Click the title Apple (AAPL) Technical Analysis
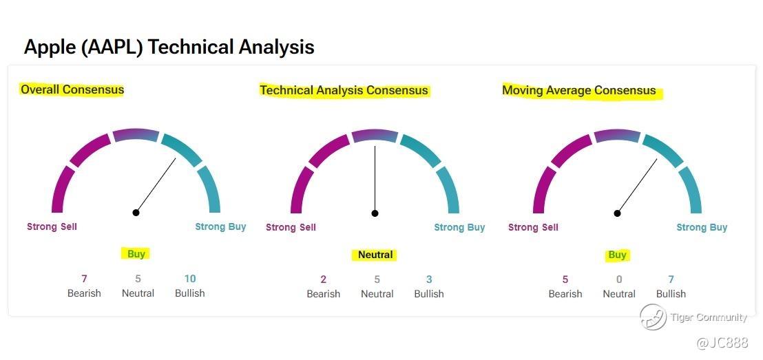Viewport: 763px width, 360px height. pyautogui.click(x=169, y=47)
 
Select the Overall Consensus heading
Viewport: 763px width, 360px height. pyautogui.click(x=72, y=89)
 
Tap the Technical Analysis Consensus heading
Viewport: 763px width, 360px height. pyautogui.click(x=344, y=90)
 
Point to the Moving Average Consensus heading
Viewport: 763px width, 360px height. pyautogui.click(x=579, y=90)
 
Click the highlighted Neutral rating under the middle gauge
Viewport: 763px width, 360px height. pyautogui.click(x=375, y=255)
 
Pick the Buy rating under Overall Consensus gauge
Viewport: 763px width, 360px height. pyautogui.click(x=136, y=253)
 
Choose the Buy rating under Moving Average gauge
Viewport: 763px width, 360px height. pyautogui.click(x=617, y=255)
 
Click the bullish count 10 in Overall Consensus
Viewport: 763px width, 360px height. pyautogui.click(x=190, y=279)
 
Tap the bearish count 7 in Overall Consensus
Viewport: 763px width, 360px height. pyautogui.click(x=84, y=279)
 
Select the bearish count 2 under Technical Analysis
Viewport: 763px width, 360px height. pyautogui.click(x=323, y=279)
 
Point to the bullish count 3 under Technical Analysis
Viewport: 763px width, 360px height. pyautogui.click(x=429, y=279)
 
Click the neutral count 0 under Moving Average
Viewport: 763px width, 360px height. pyautogui.click(x=619, y=279)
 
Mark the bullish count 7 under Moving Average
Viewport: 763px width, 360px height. pyautogui.click(x=671, y=279)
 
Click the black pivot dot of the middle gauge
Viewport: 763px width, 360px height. pyautogui.click(x=375, y=213)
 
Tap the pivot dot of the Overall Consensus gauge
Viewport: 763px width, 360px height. pyautogui.click(x=136, y=213)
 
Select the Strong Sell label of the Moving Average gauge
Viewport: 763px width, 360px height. pyautogui.click(x=533, y=227)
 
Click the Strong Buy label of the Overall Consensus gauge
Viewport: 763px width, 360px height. pyautogui.click(x=220, y=226)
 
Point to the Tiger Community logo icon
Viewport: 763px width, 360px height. pyautogui.click(x=653, y=317)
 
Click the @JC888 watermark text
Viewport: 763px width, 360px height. pyautogui.click(x=722, y=343)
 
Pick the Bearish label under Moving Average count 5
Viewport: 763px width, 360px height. pyautogui.click(x=565, y=295)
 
